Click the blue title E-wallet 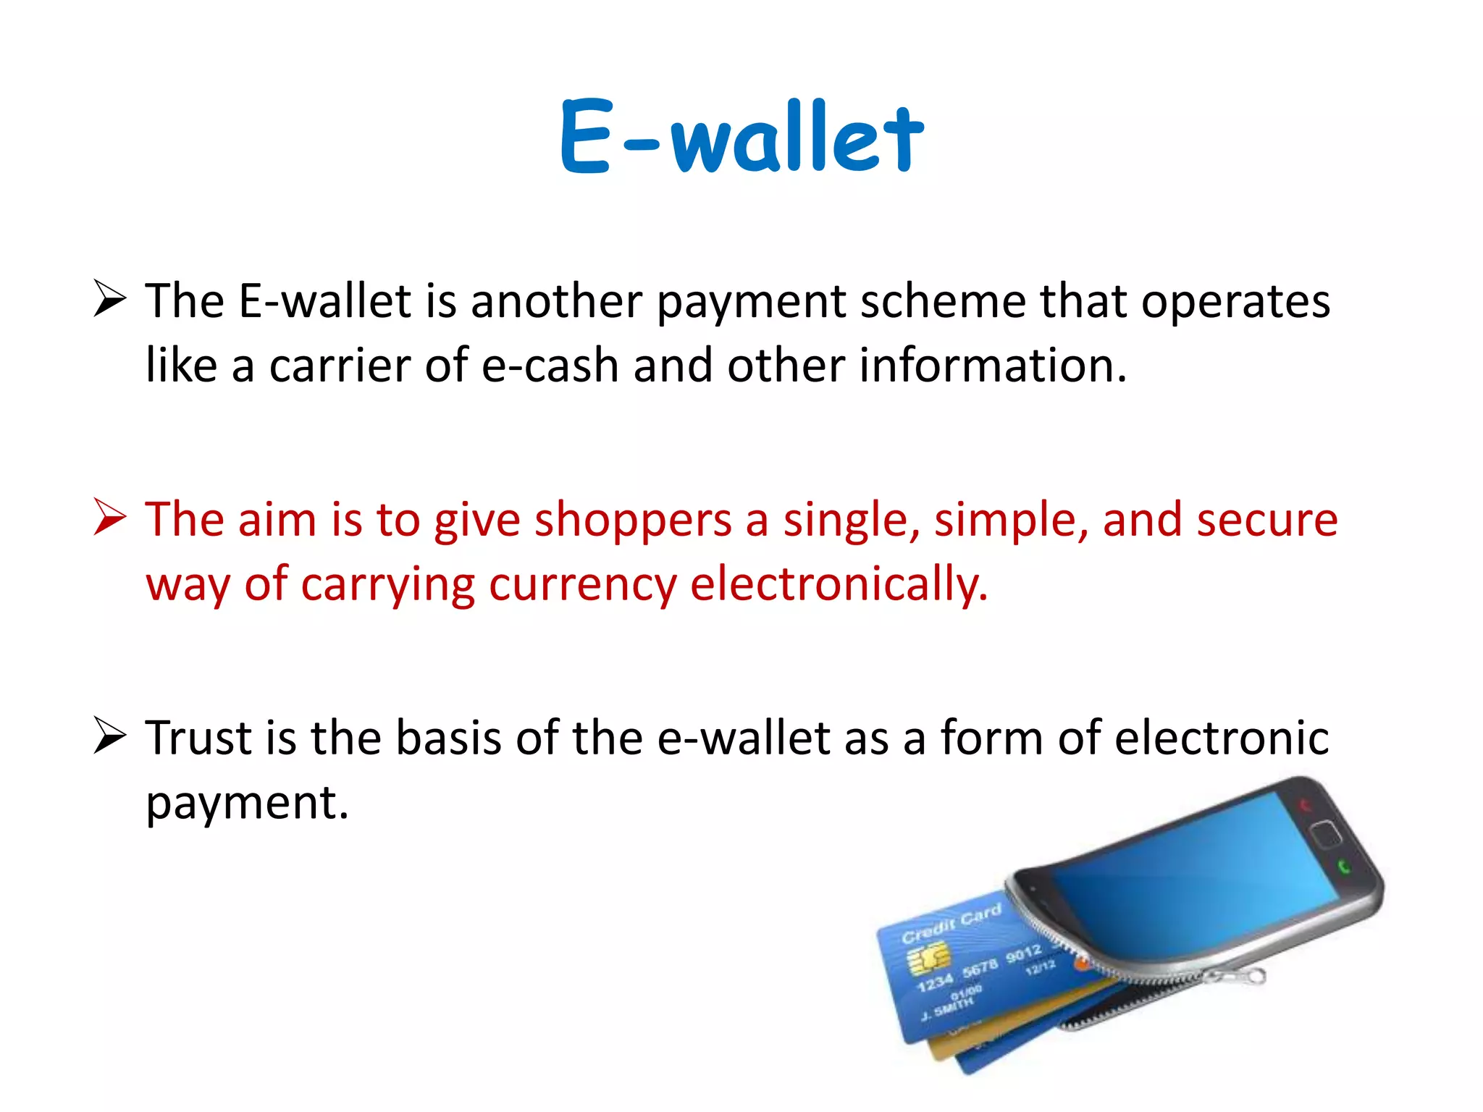pos(741,138)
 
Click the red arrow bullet pos(110,518)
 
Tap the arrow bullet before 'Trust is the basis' pos(110,737)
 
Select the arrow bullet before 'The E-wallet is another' pos(110,300)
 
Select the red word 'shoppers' pos(633,521)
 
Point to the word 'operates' pos(1235,301)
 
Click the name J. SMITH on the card pos(948,1007)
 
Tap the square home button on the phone pos(1326,835)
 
